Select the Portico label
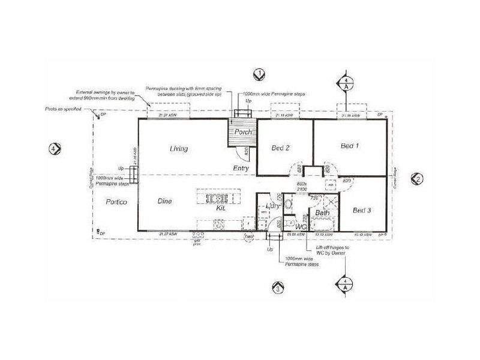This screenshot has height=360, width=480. pos(115,202)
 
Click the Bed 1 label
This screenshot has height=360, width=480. pos(350,146)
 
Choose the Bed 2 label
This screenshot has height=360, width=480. pos(281,148)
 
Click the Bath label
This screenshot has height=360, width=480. pos(323,213)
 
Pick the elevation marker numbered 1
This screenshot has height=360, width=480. pos(259,74)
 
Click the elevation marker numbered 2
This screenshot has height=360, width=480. pos(418,178)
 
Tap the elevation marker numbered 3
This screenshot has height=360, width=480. pos(277,288)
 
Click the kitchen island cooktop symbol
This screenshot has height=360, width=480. pos(215,197)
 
